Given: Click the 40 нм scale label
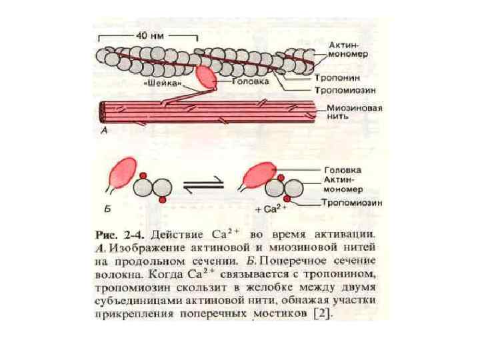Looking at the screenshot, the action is [149, 35].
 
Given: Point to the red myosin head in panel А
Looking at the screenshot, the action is [205, 77].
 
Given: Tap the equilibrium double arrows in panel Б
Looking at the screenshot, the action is [197, 189].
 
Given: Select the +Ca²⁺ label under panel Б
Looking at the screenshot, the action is [271, 209].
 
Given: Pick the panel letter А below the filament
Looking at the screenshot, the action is [104, 131].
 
